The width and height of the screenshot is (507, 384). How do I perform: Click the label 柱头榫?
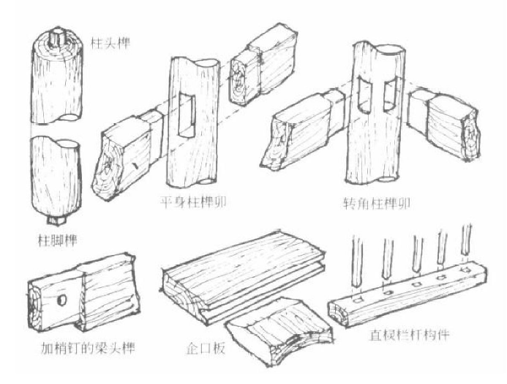[x=110, y=43]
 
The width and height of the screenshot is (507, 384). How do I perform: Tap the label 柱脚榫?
[x=58, y=240]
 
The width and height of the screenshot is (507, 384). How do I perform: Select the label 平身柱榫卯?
[x=193, y=203]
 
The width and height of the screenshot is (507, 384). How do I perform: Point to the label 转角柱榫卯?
[x=377, y=204]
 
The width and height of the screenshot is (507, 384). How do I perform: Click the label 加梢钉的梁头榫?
[x=88, y=348]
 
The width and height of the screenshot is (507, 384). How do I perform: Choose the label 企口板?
[x=206, y=349]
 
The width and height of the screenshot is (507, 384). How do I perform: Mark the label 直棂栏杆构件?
[x=410, y=335]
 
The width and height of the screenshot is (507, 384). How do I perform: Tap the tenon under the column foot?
[x=57, y=220]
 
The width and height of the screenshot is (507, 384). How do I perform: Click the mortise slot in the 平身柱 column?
[x=187, y=115]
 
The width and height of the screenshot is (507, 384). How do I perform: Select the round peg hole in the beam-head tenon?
[x=61, y=300]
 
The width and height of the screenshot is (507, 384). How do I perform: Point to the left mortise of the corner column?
[x=365, y=95]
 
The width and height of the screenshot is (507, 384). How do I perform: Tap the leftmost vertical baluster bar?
[x=356, y=262]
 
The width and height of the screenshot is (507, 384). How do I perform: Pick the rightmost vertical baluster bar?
[x=466, y=240]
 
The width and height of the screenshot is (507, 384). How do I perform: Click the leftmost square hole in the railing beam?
[x=358, y=300]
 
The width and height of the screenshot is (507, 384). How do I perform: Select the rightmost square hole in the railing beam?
[x=466, y=269]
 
